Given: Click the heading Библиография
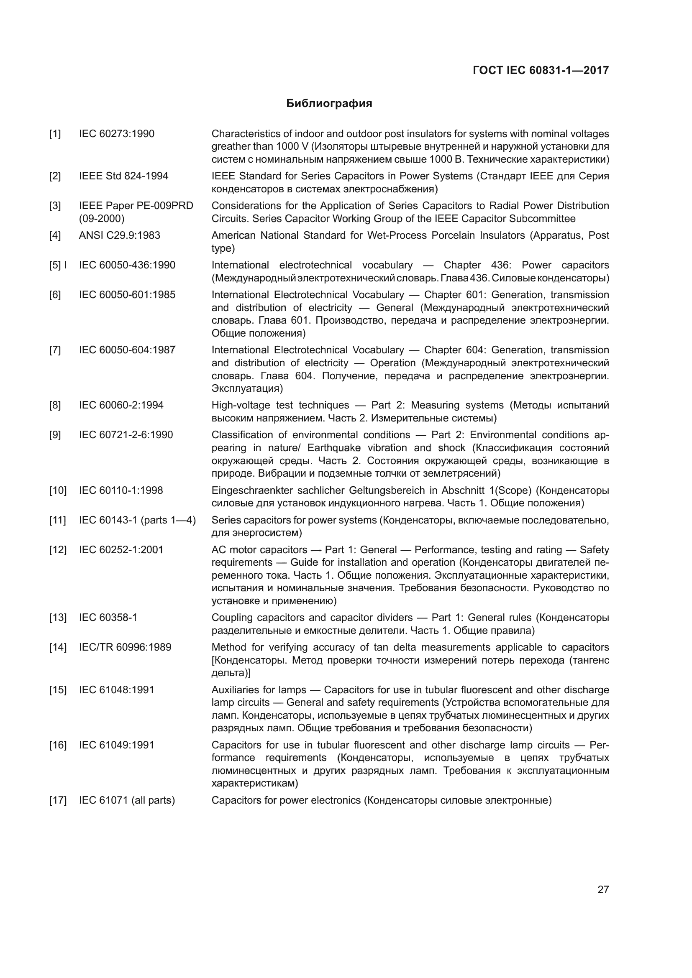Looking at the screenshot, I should [329, 104].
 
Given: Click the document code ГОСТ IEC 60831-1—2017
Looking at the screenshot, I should [540, 70].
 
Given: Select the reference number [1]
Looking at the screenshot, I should [55, 134].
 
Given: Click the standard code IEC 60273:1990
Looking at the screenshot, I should [116, 134].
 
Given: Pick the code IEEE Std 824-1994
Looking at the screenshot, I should [123, 176].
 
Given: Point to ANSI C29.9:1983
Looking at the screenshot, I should [119, 235].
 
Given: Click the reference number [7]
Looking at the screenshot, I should [55, 350].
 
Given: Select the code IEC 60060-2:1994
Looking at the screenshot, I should [121, 405].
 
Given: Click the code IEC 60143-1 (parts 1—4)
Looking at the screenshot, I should [137, 520].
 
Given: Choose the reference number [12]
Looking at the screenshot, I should [58, 549].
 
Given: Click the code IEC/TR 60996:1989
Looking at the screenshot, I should [125, 647].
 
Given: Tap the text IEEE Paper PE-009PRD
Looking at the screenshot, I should [136, 206].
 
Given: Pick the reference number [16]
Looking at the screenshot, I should [58, 745].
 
